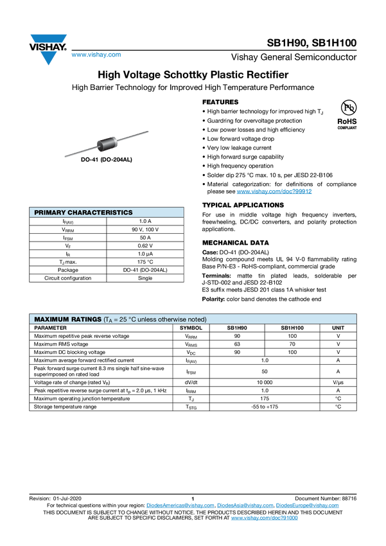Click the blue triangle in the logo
[49, 58]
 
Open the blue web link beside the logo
[96, 56]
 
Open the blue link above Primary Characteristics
[274, 191]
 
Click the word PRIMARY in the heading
[49, 212]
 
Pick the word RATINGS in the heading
[86, 319]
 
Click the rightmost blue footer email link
[308, 506]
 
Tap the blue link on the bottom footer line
[264, 517]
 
